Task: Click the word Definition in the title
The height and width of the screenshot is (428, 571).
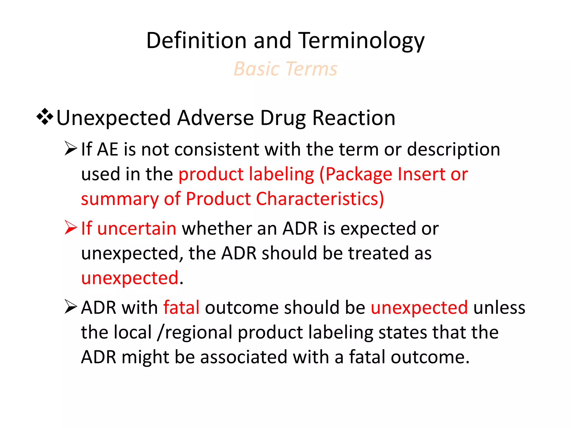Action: click(196, 41)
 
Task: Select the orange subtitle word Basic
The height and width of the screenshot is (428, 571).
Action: click(257, 69)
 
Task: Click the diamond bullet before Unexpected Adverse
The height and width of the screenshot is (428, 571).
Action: click(45, 117)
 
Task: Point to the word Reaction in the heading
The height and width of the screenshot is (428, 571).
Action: click(354, 118)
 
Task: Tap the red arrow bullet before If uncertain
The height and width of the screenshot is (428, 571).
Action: click(71, 227)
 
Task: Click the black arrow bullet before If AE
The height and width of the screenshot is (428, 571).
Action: click(71, 148)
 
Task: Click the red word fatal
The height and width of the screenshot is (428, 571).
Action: click(181, 307)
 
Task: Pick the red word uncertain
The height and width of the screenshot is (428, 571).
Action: click(137, 228)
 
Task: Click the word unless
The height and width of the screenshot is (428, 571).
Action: click(499, 307)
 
